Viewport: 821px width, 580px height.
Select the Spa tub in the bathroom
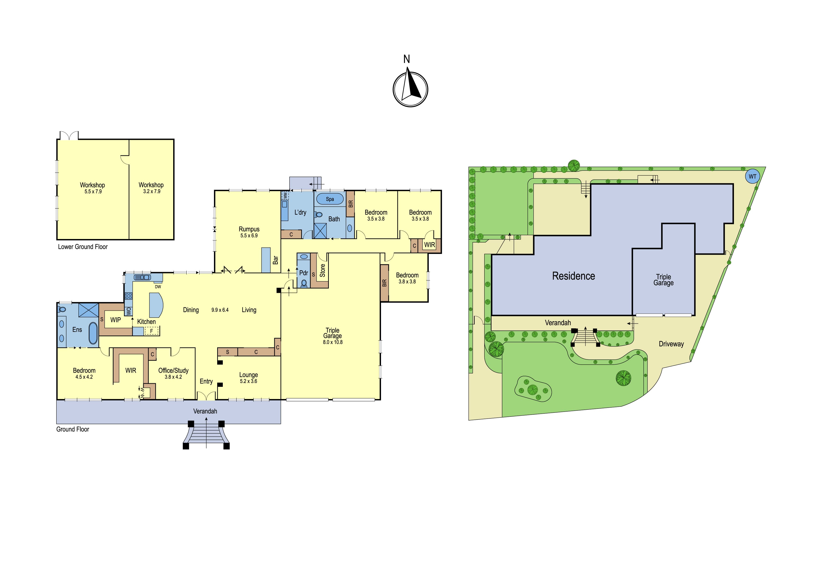[330, 199]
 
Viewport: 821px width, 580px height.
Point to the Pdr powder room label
[304, 273]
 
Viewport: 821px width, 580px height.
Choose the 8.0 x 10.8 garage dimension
[333, 342]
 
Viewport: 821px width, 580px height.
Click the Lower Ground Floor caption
[83, 246]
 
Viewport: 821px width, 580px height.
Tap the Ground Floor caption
[73, 429]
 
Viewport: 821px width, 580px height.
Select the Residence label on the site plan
[574, 276]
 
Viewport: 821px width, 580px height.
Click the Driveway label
[671, 344]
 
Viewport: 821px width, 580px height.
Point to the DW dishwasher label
[158, 286]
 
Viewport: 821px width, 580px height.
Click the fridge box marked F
[152, 331]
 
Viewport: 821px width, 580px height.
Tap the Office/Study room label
[173, 371]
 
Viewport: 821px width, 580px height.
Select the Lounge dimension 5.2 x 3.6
[249, 381]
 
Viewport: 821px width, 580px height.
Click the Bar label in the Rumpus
[275, 260]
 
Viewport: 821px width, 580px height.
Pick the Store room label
[323, 271]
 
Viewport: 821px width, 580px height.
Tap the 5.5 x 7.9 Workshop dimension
[93, 192]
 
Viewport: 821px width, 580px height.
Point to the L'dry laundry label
[300, 212]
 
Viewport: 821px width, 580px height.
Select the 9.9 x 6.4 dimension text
[220, 310]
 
